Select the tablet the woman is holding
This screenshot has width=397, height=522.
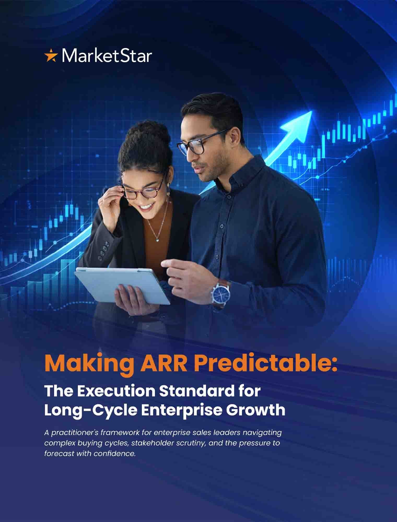(122, 286)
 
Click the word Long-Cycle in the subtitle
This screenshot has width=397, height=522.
(91, 410)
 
